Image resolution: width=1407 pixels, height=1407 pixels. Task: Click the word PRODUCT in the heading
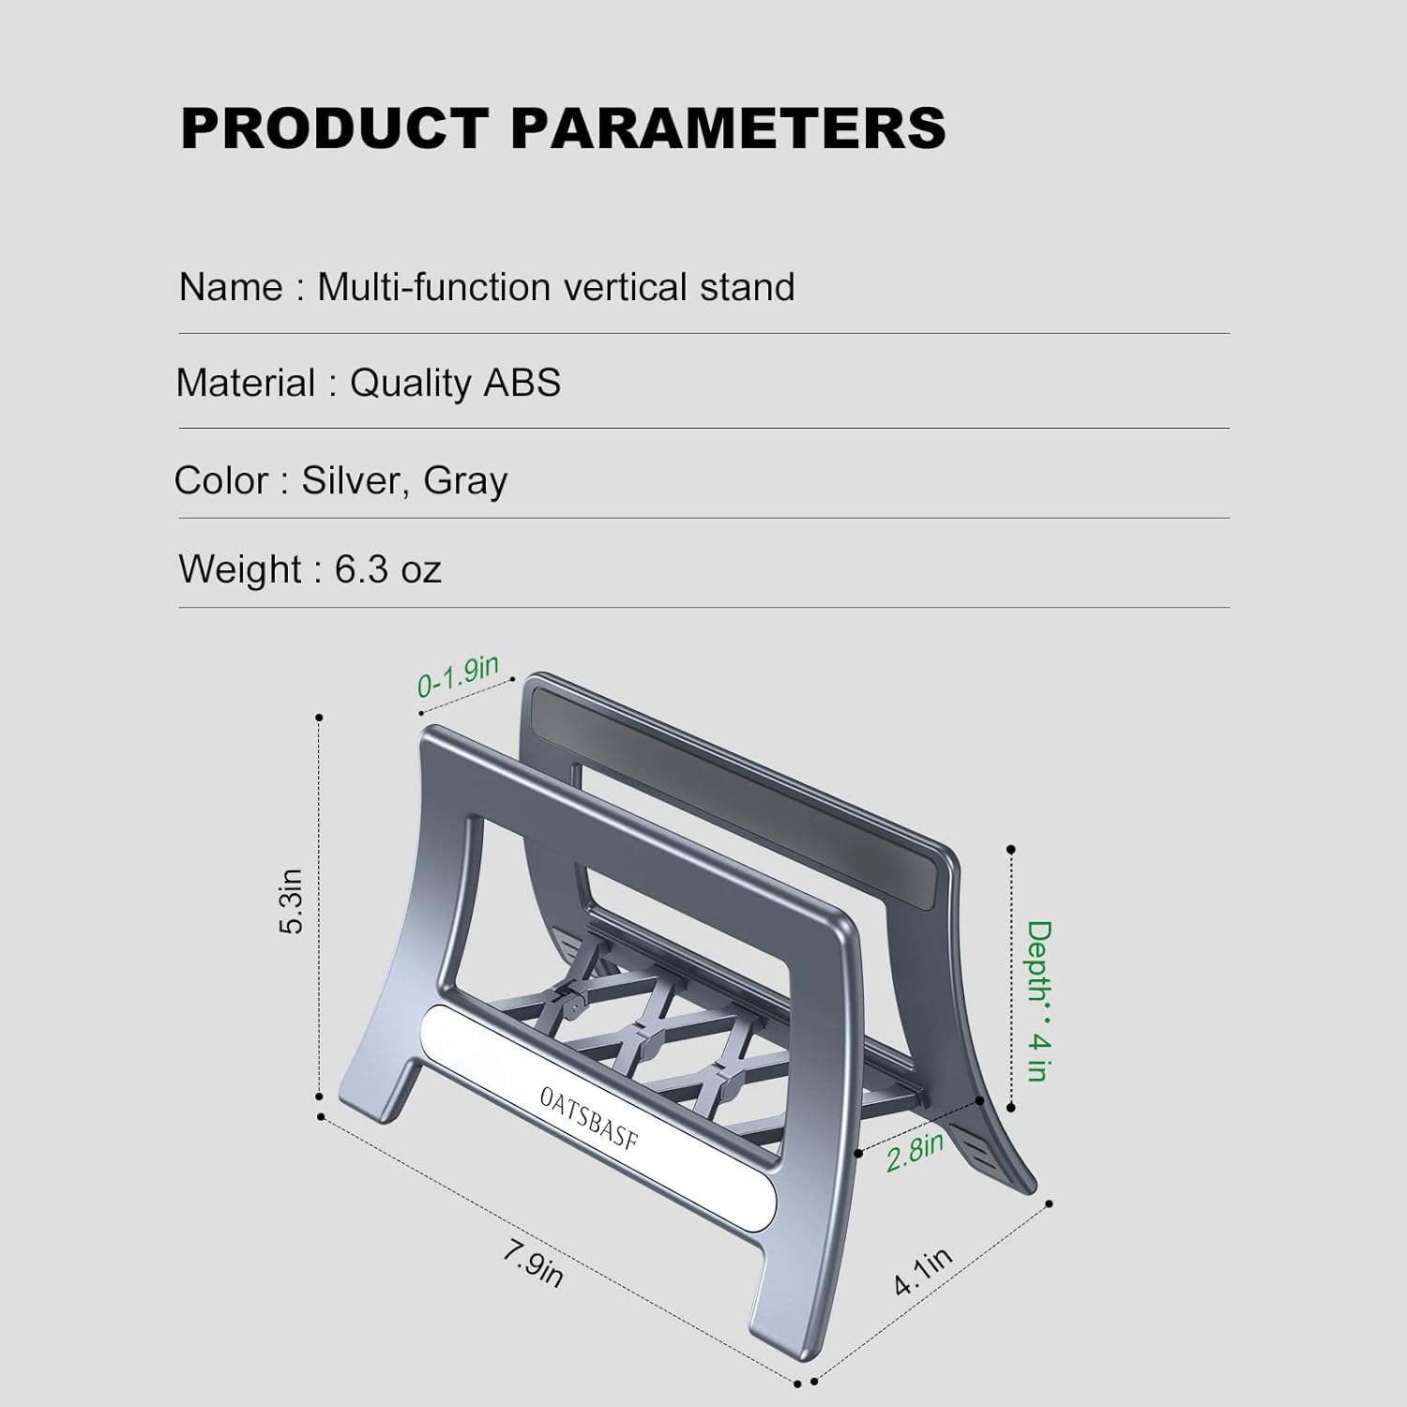pos(334,129)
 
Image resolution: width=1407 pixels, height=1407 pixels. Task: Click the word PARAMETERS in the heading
pos(728,129)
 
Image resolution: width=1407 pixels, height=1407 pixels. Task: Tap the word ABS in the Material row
pos(522,384)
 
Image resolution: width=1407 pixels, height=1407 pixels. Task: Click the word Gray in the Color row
pos(465,481)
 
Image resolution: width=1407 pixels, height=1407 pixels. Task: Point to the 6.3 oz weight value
pos(387,569)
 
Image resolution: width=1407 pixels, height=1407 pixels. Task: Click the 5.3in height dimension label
pos(292,901)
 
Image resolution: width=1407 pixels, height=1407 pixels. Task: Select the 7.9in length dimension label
pos(532,1263)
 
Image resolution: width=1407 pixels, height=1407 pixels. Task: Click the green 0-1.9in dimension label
pos(458,676)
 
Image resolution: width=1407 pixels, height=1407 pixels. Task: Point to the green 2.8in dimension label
pos(915,1152)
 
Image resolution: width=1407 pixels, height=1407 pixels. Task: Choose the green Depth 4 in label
pos(1038,1000)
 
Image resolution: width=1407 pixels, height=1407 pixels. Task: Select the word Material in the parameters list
pos(246,384)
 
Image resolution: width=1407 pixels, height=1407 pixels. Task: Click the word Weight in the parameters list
pos(240,569)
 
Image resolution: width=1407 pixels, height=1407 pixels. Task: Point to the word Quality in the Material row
pos(410,384)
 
